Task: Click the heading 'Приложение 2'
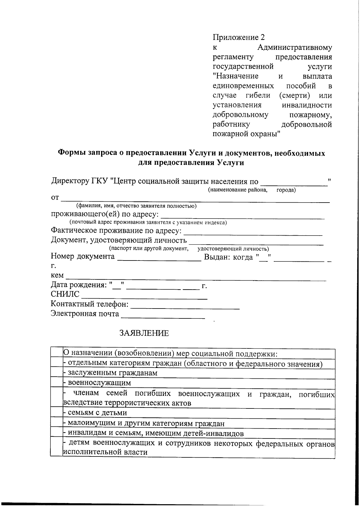[x=239, y=38]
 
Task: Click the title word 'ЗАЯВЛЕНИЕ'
[x=144, y=333]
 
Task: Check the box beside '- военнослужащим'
[x=56, y=382]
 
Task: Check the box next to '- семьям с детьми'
[x=56, y=412]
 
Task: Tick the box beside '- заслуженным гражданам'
[x=56, y=373]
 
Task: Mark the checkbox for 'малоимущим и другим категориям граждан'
[x=56, y=423]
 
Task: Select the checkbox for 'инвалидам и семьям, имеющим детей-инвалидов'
[x=56, y=433]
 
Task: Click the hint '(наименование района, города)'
[x=252, y=190]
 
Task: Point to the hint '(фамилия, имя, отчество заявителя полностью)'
[x=136, y=206]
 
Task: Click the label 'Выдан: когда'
[x=228, y=257]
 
